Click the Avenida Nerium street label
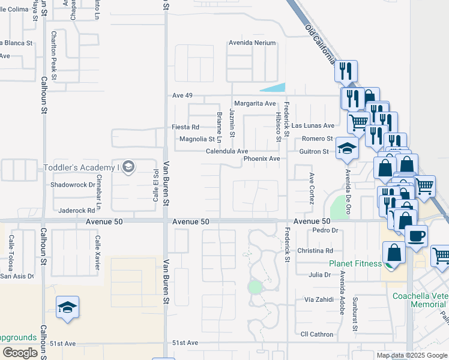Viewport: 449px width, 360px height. point(252,43)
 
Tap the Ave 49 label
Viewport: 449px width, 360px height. point(182,95)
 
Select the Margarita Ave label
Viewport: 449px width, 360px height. point(255,103)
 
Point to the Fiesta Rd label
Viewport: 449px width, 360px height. point(185,127)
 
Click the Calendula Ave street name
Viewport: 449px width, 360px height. point(227,152)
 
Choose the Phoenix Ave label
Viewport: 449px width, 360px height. point(262,159)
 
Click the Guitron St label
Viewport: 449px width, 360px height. point(314,152)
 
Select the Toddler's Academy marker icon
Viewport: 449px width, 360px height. point(127,167)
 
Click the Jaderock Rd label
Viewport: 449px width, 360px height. point(77,211)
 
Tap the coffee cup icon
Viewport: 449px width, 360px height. point(416,235)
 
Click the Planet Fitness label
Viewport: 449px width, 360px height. point(355,263)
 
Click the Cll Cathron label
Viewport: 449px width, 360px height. point(316,334)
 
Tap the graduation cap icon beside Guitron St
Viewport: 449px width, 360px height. point(347,148)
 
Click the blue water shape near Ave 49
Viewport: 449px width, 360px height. point(274,87)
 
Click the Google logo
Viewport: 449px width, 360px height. point(20,353)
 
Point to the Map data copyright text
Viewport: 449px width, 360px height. point(411,355)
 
